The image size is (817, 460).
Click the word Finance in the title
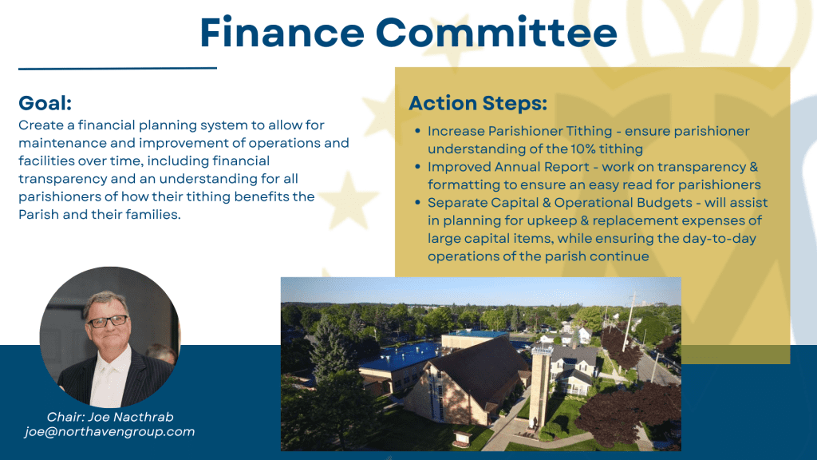[x=282, y=32]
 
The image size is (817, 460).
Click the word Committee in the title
[x=496, y=32]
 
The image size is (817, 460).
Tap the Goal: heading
[x=45, y=103]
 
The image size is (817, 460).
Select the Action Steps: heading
[x=478, y=103]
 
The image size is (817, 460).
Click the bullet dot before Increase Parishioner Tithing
[x=417, y=131]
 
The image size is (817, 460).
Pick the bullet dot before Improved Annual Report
[x=417, y=166]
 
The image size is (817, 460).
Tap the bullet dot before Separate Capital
[x=417, y=202]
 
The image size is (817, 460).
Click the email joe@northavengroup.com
[x=109, y=432]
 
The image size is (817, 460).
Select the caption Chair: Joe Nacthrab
[x=110, y=417]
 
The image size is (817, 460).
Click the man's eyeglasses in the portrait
[x=109, y=321]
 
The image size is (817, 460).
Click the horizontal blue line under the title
[x=118, y=68]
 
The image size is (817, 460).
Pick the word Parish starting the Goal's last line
[x=38, y=214]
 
